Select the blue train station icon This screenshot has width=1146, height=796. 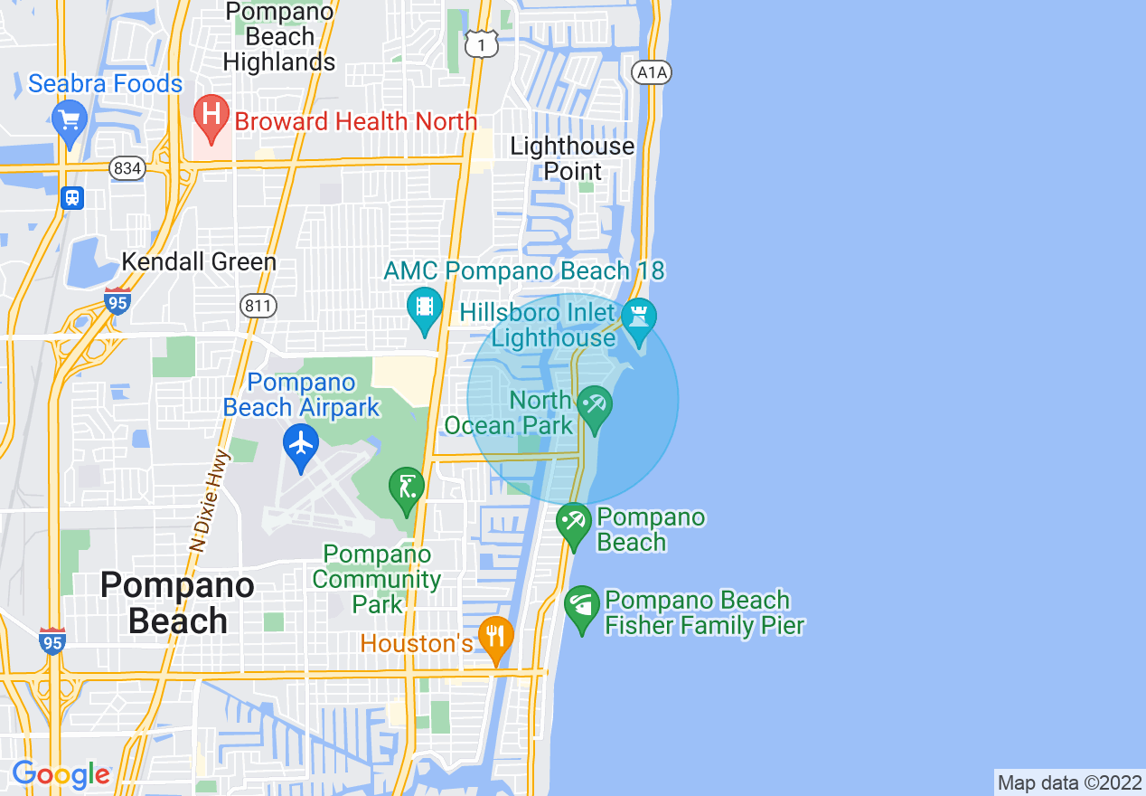point(72,198)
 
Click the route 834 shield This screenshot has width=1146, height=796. point(127,168)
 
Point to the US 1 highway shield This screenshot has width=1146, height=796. point(482,43)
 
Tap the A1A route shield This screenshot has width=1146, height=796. point(652,73)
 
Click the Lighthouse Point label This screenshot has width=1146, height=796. point(572,158)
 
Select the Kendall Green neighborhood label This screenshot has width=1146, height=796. point(199,262)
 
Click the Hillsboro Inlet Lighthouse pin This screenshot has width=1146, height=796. point(639,319)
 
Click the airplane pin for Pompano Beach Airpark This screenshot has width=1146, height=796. point(300,445)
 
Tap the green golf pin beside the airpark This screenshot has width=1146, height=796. point(406,488)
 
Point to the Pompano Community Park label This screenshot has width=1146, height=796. point(382,579)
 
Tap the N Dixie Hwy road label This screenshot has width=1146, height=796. point(209,500)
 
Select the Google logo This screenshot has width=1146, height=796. point(61,775)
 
